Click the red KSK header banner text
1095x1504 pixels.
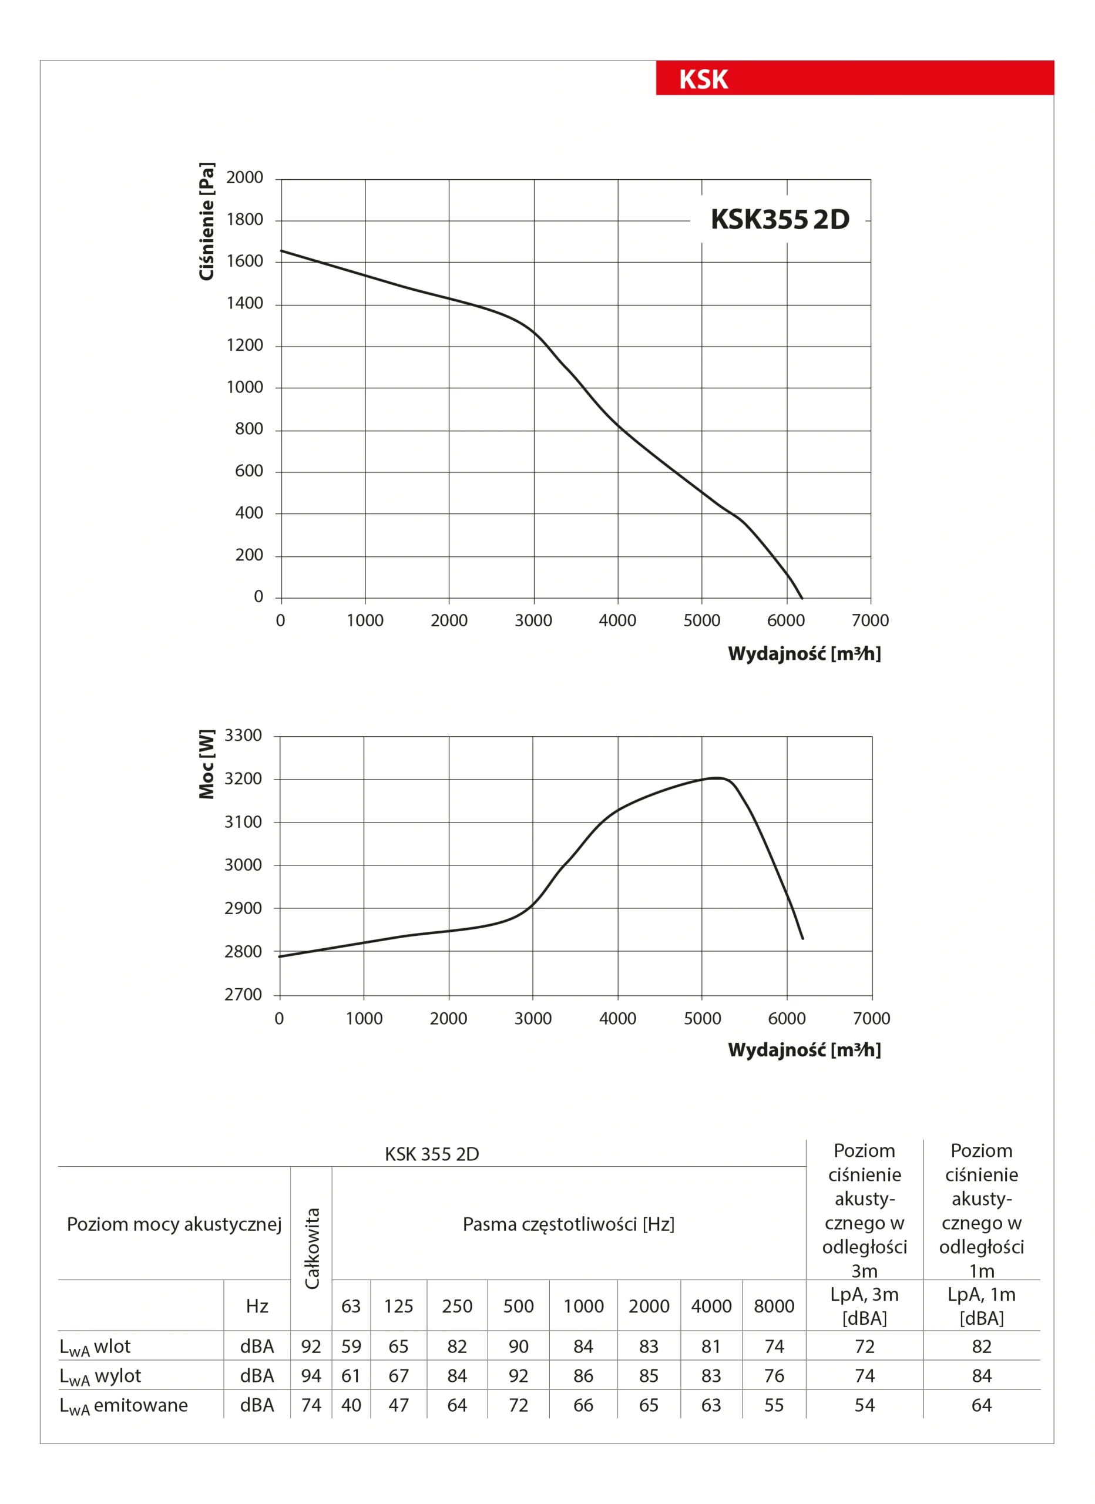[x=703, y=79]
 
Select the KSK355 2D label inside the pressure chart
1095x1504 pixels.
[x=780, y=220]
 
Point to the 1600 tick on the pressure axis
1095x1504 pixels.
[x=245, y=261]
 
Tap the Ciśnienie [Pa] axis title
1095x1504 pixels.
[x=207, y=221]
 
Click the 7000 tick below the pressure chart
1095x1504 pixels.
[x=870, y=621]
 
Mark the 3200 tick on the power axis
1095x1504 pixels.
[x=243, y=778]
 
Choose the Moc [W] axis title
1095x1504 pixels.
[x=207, y=764]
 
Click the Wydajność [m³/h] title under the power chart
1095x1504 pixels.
[x=804, y=1050]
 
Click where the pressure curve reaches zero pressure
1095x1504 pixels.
[x=802, y=598]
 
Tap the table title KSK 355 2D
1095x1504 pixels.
[x=432, y=1154]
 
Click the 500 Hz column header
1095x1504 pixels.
[x=518, y=1306]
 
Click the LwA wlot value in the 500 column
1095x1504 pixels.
[x=518, y=1346]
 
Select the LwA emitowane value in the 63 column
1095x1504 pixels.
[x=351, y=1405]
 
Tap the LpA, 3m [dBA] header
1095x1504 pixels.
[x=864, y=1306]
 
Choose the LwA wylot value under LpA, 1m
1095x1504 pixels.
[x=981, y=1376]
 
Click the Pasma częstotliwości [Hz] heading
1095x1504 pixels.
[x=569, y=1224]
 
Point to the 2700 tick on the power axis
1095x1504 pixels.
[x=243, y=995]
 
